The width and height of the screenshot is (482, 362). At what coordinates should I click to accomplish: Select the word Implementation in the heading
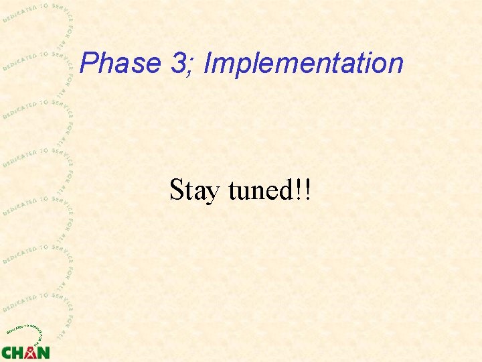303,64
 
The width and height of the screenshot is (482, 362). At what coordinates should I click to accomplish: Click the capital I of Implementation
208,64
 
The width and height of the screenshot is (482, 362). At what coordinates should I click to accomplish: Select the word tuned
258,190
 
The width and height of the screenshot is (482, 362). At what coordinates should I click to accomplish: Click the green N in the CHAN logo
43,352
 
